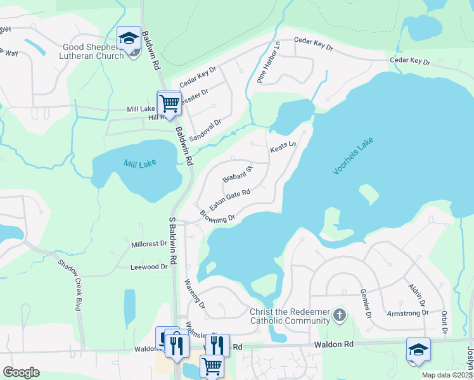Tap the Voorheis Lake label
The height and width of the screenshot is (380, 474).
pos(354,158)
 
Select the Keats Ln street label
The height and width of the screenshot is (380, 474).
pos(283,147)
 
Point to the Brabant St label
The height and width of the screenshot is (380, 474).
pos(238,174)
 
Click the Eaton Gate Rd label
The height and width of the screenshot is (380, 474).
pos(230,199)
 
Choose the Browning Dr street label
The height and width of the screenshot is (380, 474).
pos(217,217)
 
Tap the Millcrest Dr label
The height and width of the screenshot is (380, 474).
pos(149,243)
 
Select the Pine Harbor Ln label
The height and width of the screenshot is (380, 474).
pos(269,63)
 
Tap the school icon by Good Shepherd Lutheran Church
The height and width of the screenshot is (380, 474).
pos(129,38)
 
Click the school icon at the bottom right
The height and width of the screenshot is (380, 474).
pos(418,350)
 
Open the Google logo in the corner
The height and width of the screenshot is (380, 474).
pos(21,372)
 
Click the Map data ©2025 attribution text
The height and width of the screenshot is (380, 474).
pos(447,375)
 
